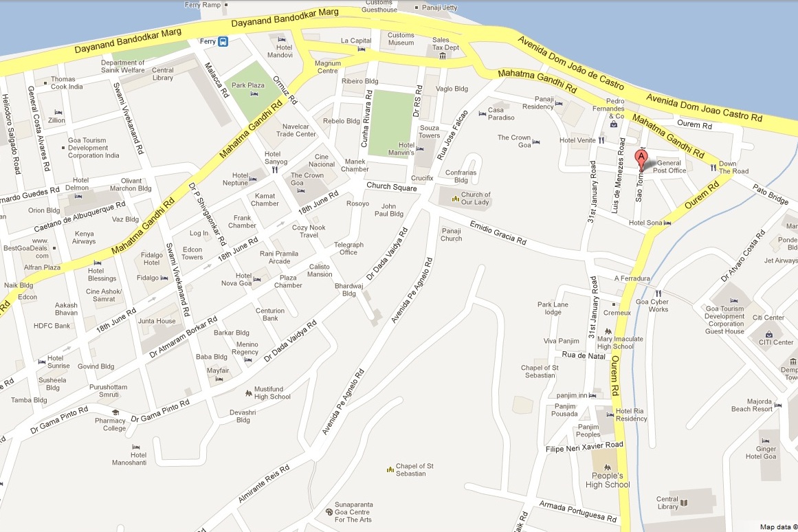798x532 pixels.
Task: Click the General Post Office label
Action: tap(669, 167)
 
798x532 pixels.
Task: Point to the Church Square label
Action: tap(391, 186)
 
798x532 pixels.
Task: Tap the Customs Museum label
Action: tap(401, 39)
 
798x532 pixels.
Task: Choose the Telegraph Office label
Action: tap(348, 248)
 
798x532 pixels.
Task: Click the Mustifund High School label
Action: tap(272, 392)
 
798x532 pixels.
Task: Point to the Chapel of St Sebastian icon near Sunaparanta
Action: tap(390, 469)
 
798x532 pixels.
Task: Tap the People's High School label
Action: tap(608, 480)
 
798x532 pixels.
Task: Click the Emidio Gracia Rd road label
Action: tap(498, 233)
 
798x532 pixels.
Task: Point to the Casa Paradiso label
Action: tap(500, 113)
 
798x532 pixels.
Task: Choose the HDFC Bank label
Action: tap(52, 326)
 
